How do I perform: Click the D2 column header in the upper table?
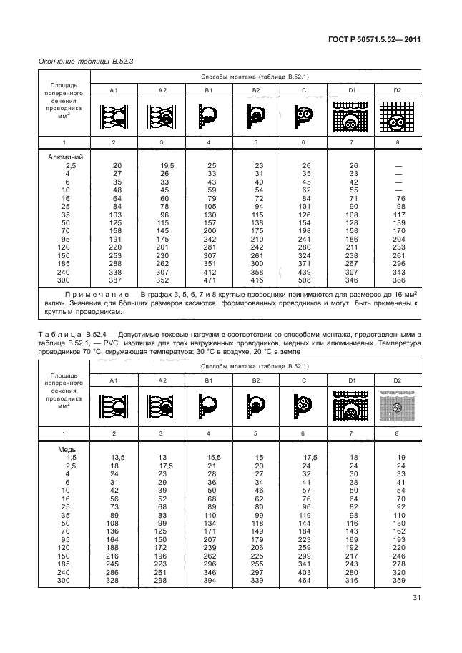(x=398, y=90)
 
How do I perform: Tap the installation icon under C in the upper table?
(x=303, y=114)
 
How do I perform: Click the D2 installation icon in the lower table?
(x=398, y=408)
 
